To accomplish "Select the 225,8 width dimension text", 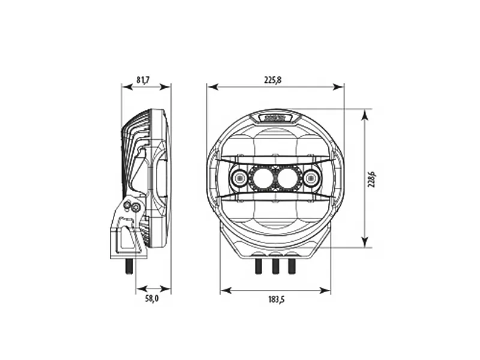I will pyautogui.click(x=274, y=80).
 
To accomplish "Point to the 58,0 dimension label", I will pyautogui.click(x=152, y=299).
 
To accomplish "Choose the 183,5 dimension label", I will pyautogui.click(x=275, y=299).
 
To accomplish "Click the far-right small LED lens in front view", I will pyautogui.click(x=311, y=178).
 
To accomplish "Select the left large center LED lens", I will pyautogui.click(x=262, y=178).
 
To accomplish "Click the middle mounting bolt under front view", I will pyautogui.click(x=275, y=266).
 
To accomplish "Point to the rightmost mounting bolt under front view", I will pyautogui.click(x=292, y=266).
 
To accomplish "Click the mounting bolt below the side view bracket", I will pyautogui.click(x=128, y=266).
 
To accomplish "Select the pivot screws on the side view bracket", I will pyautogui.click(x=131, y=207).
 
